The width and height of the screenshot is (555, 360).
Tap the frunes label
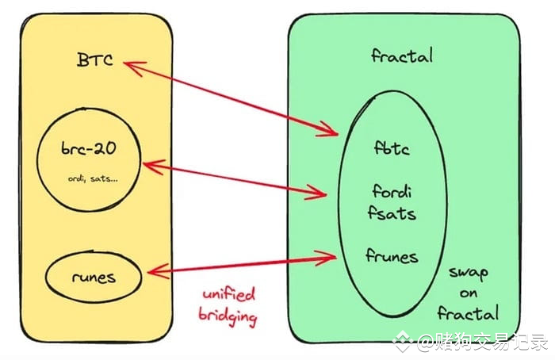[x=392, y=255]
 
